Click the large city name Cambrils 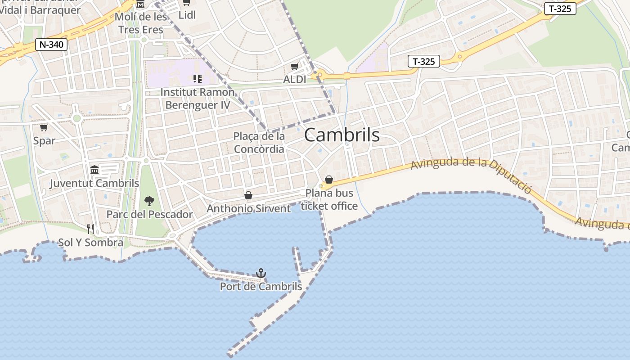pyautogui.click(x=342, y=135)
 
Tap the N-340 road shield pyautogui.click(x=51, y=45)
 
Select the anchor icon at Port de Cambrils pyautogui.click(x=261, y=273)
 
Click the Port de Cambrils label pyautogui.click(x=261, y=286)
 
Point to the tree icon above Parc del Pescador pyautogui.click(x=149, y=201)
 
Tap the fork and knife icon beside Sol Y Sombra pyautogui.click(x=90, y=229)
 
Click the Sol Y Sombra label pyautogui.click(x=90, y=243)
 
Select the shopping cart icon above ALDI pyautogui.click(x=294, y=67)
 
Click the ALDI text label pyautogui.click(x=294, y=80)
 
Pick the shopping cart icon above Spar pyautogui.click(x=44, y=128)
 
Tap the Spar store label pyautogui.click(x=44, y=141)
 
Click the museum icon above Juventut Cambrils pyautogui.click(x=94, y=170)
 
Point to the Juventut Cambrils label pyautogui.click(x=94, y=183)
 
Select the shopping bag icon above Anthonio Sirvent pyautogui.click(x=248, y=195)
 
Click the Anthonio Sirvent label pyautogui.click(x=248, y=208)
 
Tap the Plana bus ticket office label pyautogui.click(x=329, y=199)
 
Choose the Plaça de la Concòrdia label pyautogui.click(x=259, y=143)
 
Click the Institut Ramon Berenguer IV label pyautogui.click(x=198, y=99)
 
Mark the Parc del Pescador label pyautogui.click(x=149, y=214)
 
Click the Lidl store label pyautogui.click(x=187, y=15)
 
